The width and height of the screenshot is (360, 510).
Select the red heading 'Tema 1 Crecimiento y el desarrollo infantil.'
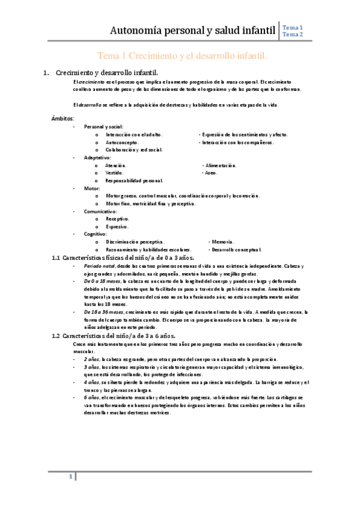click(182, 56)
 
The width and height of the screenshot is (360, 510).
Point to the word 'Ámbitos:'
click(63, 119)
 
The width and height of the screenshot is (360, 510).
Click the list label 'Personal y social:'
click(103, 127)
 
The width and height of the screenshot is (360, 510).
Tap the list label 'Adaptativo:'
click(98, 158)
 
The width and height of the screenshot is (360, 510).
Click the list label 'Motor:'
click(92, 188)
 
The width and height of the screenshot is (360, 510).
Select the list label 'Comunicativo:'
click(100, 212)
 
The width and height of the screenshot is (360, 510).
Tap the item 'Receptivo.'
click(117, 220)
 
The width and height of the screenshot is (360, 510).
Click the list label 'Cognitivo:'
click(96, 234)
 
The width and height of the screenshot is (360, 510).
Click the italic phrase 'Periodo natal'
click(100, 266)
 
